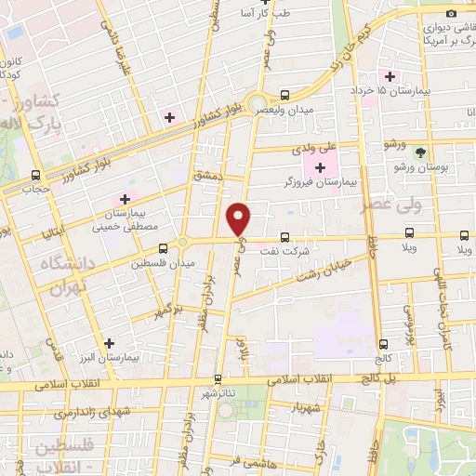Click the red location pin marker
(240, 218)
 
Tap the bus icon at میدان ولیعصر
(285, 94)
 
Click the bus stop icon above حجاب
(36, 175)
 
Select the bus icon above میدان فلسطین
(164, 248)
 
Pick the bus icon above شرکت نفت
(285, 237)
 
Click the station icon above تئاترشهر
(218, 378)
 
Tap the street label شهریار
(304, 406)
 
